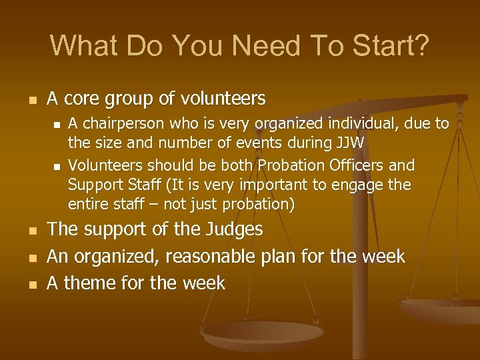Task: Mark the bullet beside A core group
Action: pyautogui.click(x=25, y=101)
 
